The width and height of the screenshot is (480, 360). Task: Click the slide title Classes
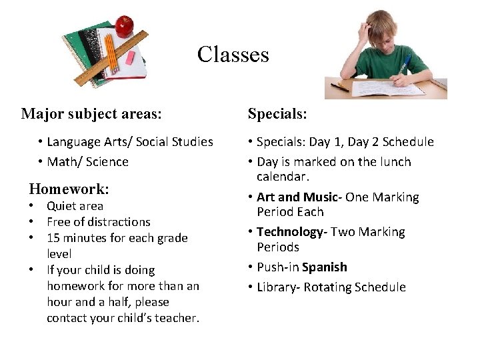tap(233, 54)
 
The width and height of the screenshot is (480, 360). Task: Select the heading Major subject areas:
tap(91, 114)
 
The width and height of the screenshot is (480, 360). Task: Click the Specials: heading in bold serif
tap(277, 114)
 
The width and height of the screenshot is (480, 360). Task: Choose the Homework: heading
tap(69, 189)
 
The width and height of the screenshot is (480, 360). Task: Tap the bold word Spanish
tap(324, 267)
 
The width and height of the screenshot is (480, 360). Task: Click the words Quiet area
tap(75, 206)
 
